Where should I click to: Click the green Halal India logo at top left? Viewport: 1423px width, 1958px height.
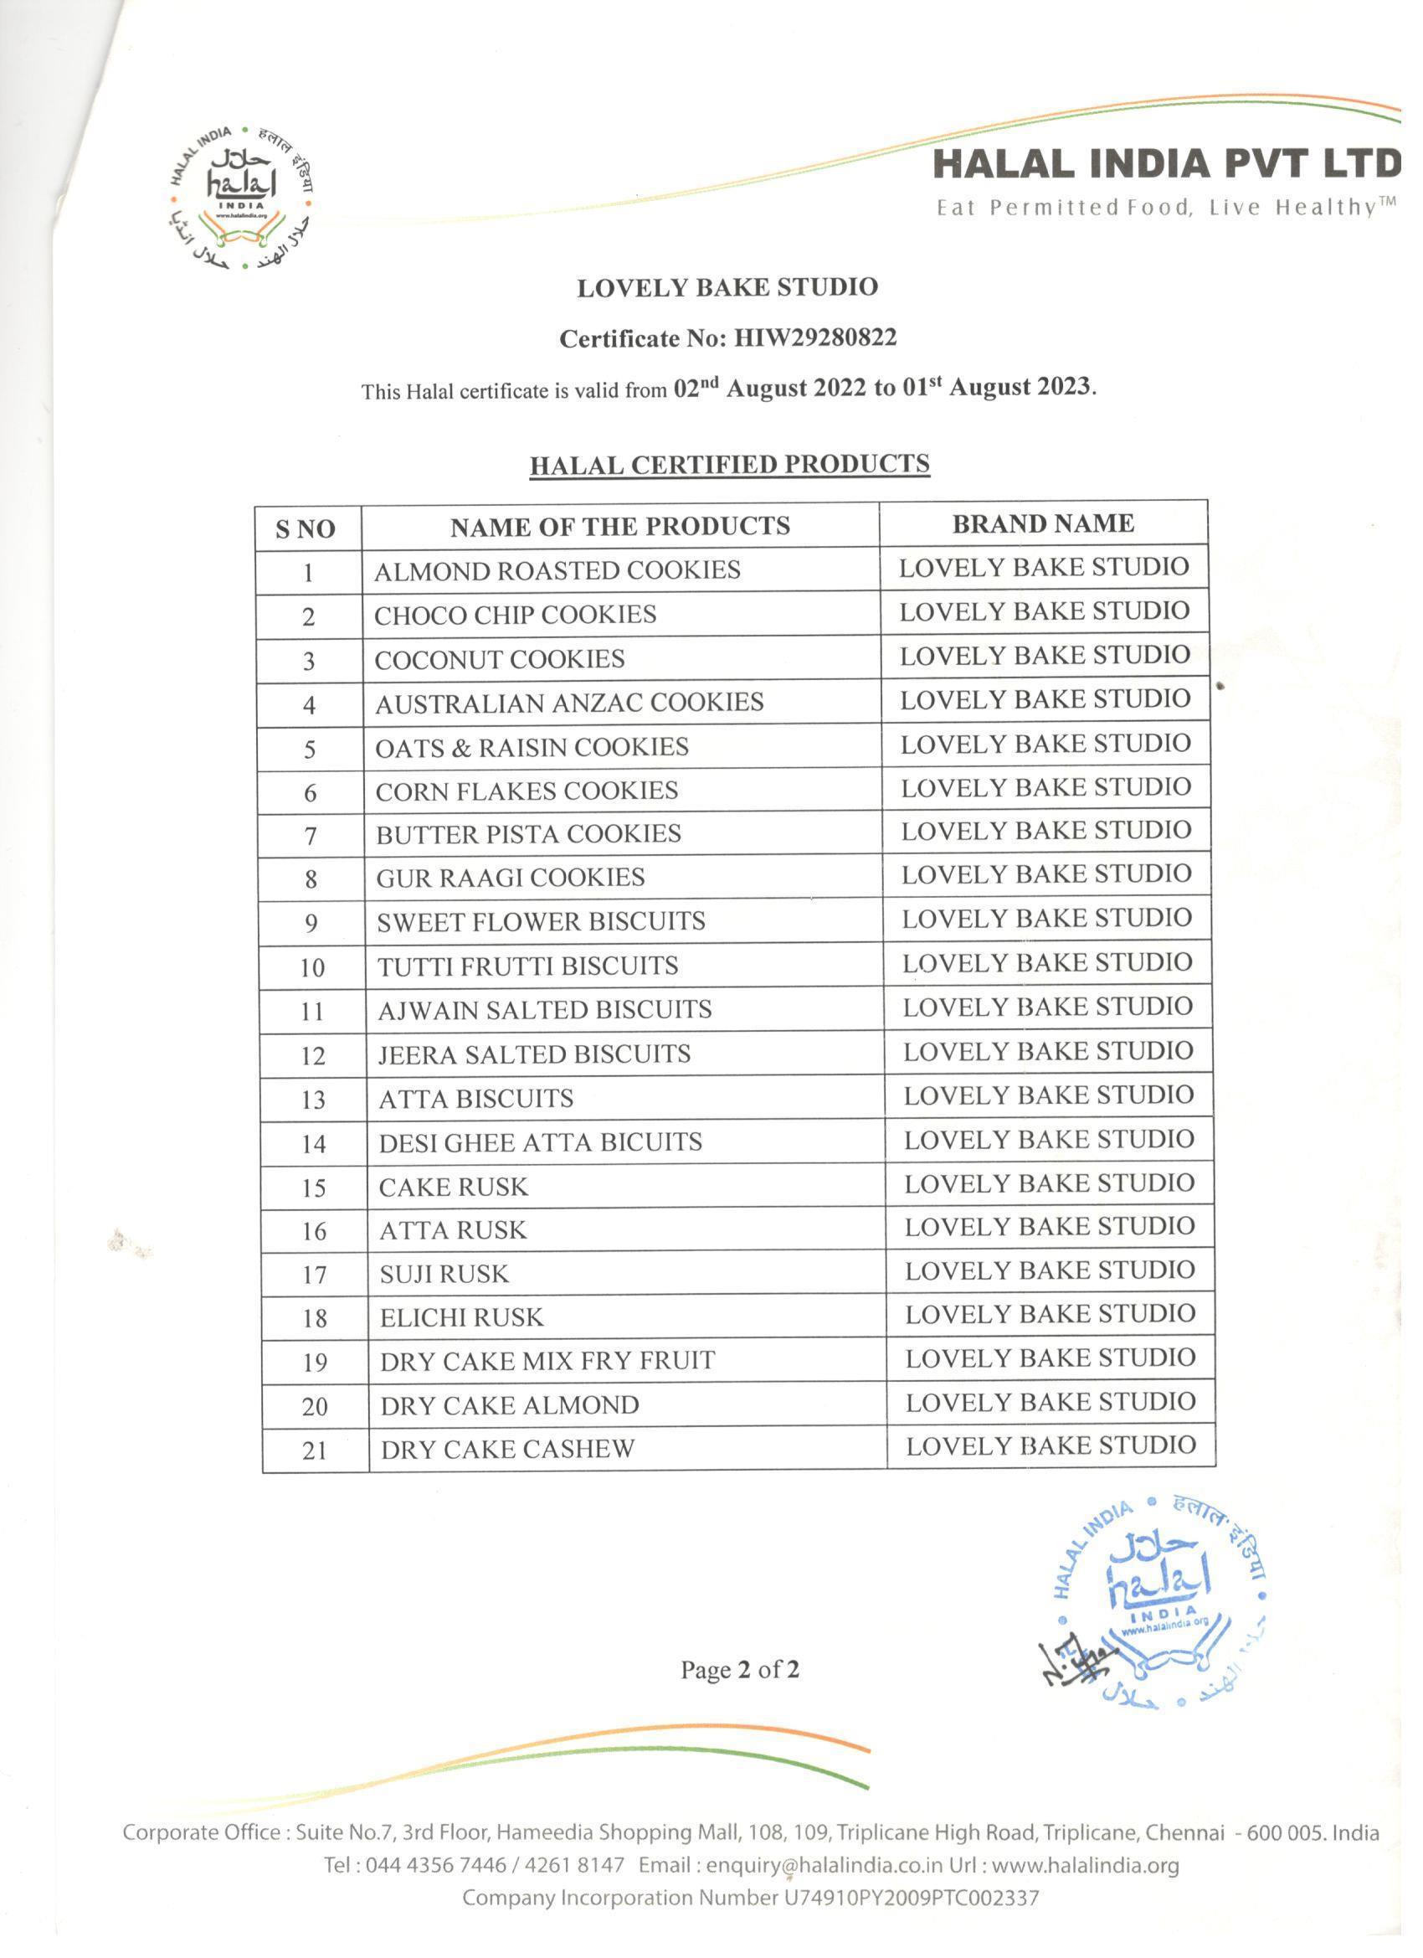[241, 198]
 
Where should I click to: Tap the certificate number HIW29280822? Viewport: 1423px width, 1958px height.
[814, 337]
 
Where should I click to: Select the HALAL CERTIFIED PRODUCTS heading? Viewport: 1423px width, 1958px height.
[729, 465]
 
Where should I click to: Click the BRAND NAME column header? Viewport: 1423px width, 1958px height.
[1042, 524]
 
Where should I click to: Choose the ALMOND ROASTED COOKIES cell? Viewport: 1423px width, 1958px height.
[557, 570]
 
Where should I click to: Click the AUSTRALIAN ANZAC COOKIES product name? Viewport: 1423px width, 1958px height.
[568, 703]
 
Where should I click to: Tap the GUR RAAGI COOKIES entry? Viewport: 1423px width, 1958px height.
[510, 878]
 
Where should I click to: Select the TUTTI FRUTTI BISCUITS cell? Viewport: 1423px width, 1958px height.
[527, 966]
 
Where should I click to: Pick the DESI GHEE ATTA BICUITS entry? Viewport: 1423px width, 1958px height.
[540, 1143]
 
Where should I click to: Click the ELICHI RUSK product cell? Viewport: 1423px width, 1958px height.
[462, 1318]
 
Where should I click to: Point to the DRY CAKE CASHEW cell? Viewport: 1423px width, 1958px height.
[507, 1450]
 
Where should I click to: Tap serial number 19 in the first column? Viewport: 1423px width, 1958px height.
[314, 1363]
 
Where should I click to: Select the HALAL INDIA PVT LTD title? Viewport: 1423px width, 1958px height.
[1167, 164]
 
